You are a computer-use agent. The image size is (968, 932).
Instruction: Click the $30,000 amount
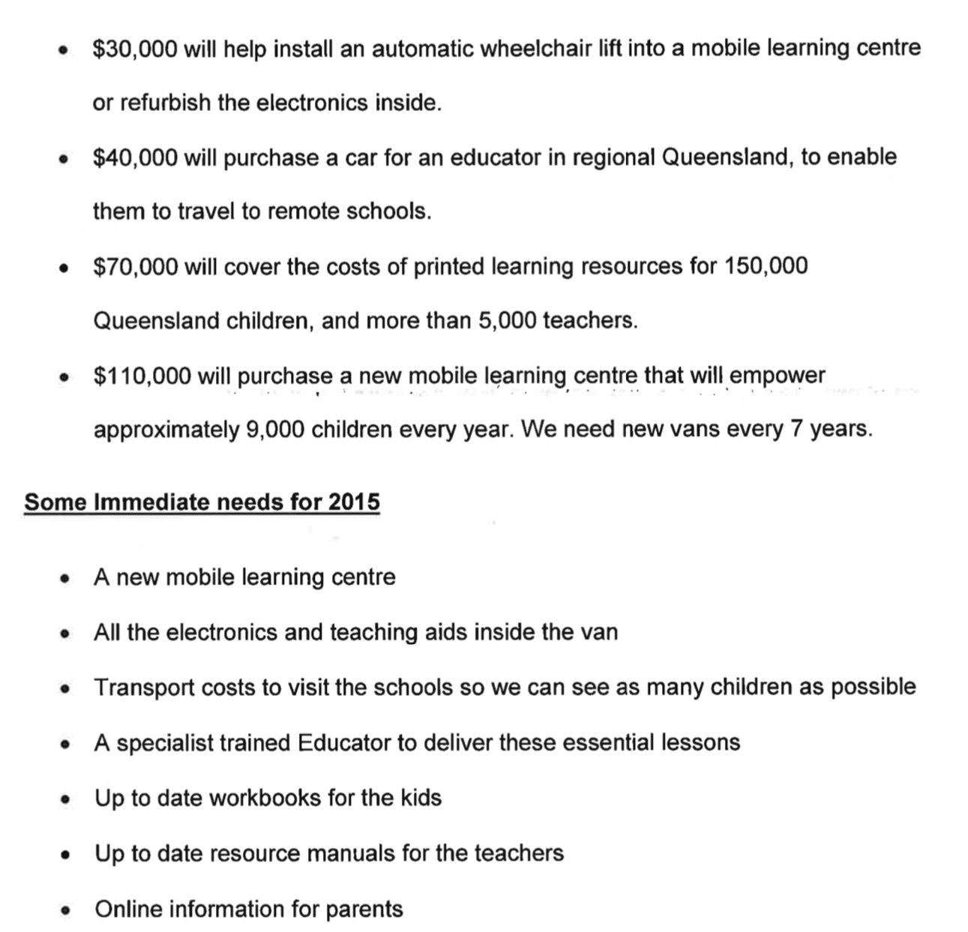pyautogui.click(x=135, y=49)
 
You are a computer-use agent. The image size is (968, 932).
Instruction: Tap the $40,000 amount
pyautogui.click(x=135, y=157)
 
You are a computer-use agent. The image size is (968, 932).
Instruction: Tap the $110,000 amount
pyautogui.click(x=142, y=376)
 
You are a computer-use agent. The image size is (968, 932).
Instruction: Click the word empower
pyautogui.click(x=777, y=376)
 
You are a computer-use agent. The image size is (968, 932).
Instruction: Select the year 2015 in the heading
pyautogui.click(x=353, y=502)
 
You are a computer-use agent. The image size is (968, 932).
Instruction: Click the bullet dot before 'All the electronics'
pyautogui.click(x=66, y=634)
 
